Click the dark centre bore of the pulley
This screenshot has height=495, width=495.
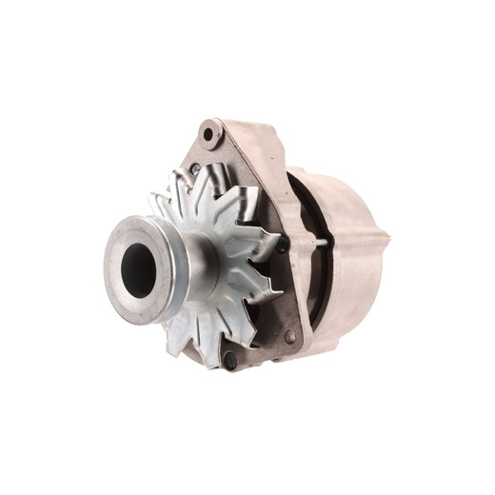pyautogui.click(x=139, y=268)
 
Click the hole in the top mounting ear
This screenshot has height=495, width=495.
pyautogui.click(x=208, y=133)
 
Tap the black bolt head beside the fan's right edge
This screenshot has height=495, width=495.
pyautogui.click(x=282, y=245)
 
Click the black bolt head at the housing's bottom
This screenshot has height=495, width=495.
pyautogui.click(x=229, y=361)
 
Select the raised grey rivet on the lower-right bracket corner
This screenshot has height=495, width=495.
pyautogui.click(x=289, y=335)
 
